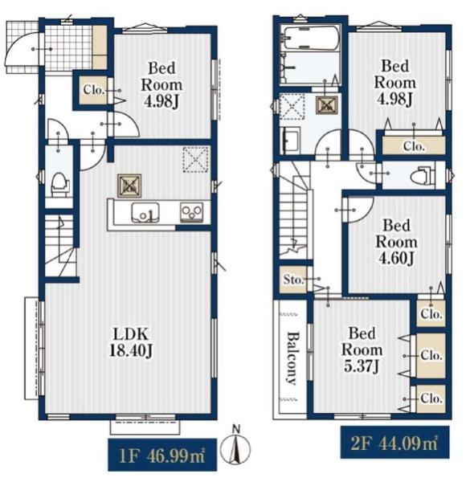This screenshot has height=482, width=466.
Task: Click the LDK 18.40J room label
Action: (x=130, y=342)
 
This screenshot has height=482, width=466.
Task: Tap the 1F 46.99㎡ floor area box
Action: (x=162, y=455)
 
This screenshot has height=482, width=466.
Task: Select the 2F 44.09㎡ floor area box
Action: (x=394, y=443)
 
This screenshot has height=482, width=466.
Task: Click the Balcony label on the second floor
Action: (x=292, y=357)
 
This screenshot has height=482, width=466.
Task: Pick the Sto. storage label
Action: (x=292, y=280)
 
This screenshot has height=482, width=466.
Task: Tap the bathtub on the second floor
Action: (x=312, y=38)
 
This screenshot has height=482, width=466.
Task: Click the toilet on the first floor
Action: (x=59, y=185)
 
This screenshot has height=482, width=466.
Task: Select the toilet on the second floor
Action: (x=423, y=176)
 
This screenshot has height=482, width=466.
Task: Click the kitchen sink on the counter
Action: (x=145, y=212)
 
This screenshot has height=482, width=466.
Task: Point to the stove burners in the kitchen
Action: (x=191, y=212)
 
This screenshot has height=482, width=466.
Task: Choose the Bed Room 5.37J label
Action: (x=362, y=349)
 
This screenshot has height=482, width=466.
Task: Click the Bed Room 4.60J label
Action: (x=396, y=242)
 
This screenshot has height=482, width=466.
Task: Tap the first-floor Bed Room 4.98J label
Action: (x=161, y=84)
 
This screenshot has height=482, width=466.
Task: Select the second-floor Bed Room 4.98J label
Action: (x=395, y=83)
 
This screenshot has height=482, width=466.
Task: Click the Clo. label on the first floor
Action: (x=94, y=90)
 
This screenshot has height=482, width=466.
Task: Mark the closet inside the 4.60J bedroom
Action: (x=431, y=313)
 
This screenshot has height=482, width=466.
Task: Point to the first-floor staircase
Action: (x=60, y=245)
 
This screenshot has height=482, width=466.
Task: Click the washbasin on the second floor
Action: (x=290, y=141)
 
